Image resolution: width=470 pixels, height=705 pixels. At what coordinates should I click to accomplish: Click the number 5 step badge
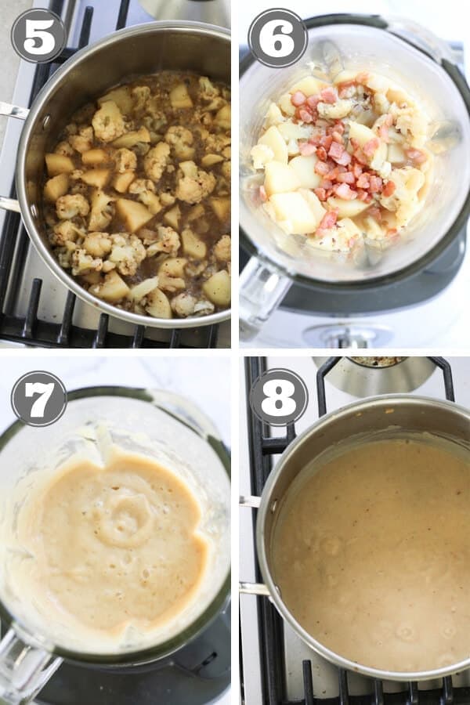click(x=38, y=36)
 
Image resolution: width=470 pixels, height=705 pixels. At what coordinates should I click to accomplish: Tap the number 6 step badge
click(x=277, y=37)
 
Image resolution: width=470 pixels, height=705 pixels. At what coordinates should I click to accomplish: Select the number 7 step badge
click(x=38, y=398)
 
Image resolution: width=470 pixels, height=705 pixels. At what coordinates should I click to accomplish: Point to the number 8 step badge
click(x=278, y=397)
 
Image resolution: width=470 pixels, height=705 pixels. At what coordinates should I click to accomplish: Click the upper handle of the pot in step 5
click(x=13, y=110)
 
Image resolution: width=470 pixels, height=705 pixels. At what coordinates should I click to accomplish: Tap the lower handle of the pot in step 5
click(x=9, y=204)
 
